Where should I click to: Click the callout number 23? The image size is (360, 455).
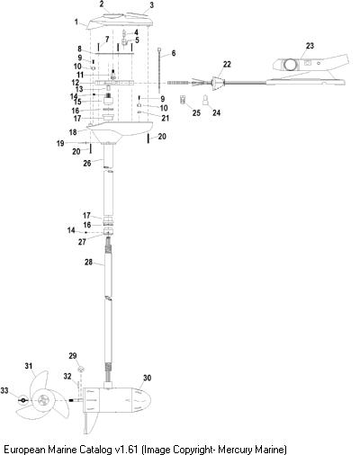click(x=310, y=46)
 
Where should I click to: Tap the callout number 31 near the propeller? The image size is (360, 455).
click(x=29, y=366)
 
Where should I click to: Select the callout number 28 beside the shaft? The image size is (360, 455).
click(x=88, y=262)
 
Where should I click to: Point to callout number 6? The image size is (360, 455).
click(x=174, y=53)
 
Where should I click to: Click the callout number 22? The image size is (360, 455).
click(x=227, y=64)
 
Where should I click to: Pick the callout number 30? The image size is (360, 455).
click(x=147, y=378)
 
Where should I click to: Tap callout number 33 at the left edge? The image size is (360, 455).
click(x=4, y=390)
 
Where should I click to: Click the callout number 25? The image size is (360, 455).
click(x=196, y=112)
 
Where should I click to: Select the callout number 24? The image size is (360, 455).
click(x=216, y=112)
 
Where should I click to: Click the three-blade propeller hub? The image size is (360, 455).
click(x=43, y=400)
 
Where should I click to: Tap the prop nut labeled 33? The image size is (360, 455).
click(x=23, y=400)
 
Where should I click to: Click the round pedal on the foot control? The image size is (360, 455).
click(x=291, y=64)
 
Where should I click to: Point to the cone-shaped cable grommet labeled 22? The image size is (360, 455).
click(x=218, y=83)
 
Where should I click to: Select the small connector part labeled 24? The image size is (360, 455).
click(x=205, y=100)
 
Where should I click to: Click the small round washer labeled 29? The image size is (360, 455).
click(x=80, y=369)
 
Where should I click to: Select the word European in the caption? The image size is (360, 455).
click(x=24, y=450)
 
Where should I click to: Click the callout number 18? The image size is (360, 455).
click(x=73, y=132)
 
